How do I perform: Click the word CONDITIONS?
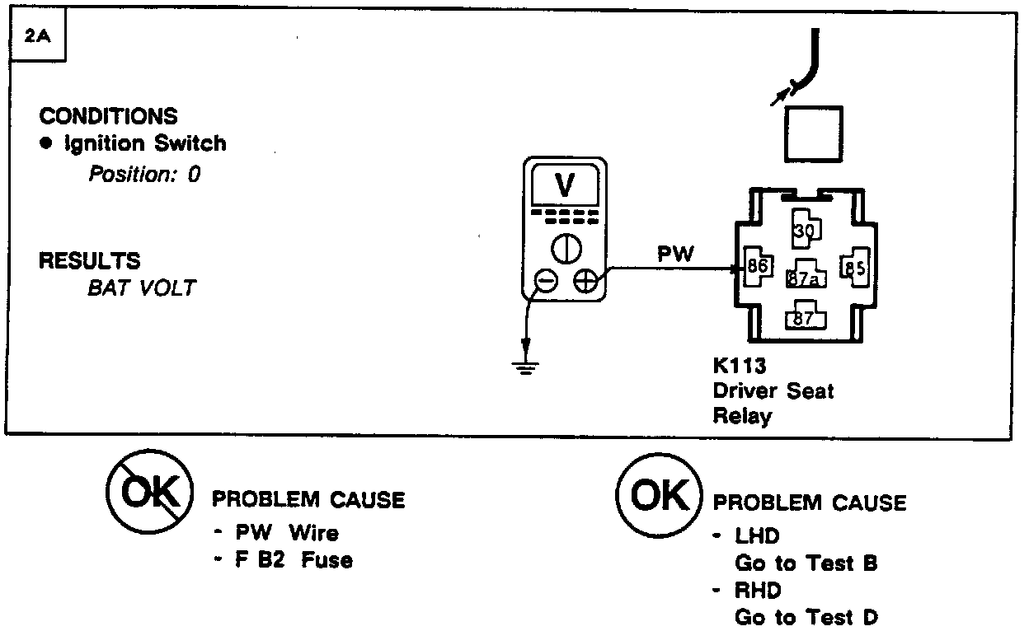[108, 116]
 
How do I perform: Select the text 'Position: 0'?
[144, 174]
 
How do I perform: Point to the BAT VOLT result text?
[142, 288]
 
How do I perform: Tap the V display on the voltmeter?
[565, 187]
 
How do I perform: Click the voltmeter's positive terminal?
[585, 282]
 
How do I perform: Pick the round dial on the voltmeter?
[566, 247]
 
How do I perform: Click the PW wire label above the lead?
[675, 254]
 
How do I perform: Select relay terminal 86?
[757, 267]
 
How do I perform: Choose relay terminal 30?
[804, 230]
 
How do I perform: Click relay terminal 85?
[853, 268]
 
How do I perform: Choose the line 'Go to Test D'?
[806, 616]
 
